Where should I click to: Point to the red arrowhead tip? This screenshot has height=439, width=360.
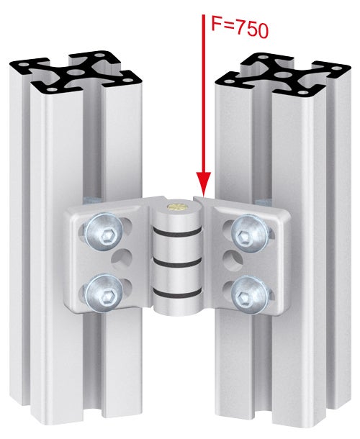204,194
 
